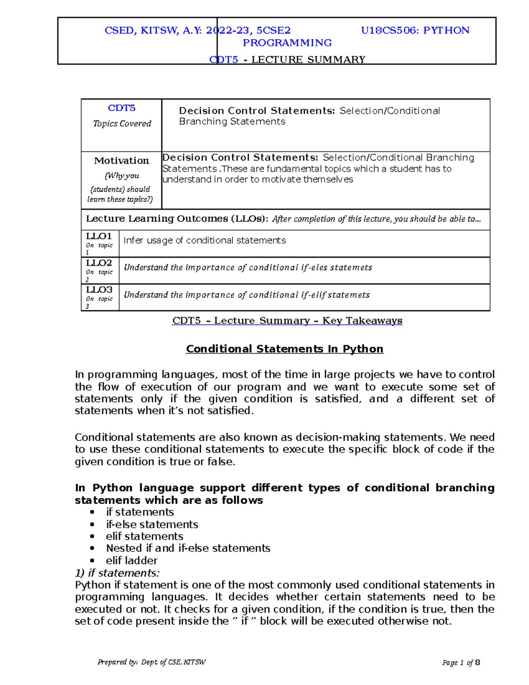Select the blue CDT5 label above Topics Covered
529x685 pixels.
122,108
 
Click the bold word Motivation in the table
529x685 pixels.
122,161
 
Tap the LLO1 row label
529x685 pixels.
99,236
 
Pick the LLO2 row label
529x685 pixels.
99,263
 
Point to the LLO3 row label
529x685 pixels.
99,290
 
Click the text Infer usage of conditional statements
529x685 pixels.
205,240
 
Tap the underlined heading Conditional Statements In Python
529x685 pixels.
284,349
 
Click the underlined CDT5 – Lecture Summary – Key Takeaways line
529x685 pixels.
287,321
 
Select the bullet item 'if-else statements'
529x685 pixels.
152,524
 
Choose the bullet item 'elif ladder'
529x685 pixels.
131,561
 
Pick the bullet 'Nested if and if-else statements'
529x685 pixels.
188,548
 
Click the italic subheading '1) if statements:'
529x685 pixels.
117,573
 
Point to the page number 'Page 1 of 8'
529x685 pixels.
461,663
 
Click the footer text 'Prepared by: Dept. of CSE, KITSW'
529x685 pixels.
152,662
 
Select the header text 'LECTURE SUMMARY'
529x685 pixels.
308,60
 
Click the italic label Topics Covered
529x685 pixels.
122,124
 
